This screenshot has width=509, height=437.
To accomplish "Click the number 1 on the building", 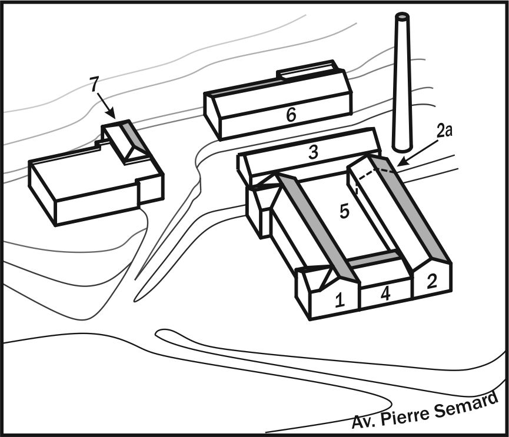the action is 340,300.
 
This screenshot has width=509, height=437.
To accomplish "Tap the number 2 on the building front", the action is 432,281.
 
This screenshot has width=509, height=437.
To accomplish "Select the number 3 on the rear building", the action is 313,152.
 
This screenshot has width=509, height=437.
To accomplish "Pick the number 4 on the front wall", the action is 386,293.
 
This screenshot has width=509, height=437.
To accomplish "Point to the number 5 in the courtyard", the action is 344,212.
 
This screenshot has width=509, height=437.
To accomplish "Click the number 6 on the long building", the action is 291,115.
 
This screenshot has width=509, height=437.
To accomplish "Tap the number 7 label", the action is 94,85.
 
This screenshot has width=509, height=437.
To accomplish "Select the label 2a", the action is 444,131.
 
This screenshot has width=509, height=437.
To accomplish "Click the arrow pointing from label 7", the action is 106,106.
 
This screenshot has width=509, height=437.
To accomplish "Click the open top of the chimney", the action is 402,16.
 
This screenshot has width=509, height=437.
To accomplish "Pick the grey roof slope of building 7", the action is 133,136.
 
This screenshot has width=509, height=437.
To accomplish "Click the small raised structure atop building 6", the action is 307,71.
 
